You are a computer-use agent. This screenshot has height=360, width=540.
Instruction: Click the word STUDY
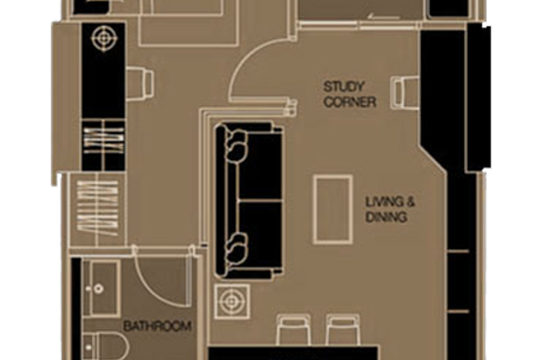[x=343, y=86]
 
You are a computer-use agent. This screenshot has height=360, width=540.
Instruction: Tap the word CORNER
[x=350, y=102]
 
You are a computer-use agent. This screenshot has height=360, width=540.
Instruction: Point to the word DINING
[x=386, y=217]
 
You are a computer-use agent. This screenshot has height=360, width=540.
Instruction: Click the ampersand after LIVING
[x=410, y=202]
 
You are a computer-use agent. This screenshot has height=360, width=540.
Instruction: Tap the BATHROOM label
[x=157, y=326]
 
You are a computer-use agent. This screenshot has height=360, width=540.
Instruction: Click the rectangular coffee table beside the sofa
[x=333, y=210]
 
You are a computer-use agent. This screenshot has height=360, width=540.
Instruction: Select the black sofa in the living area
[x=248, y=200]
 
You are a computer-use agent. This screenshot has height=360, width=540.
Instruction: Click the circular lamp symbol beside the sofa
[x=232, y=302]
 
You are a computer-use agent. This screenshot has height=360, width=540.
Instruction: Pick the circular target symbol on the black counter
[x=104, y=38]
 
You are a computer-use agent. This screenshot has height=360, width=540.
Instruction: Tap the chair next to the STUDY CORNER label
[x=405, y=93]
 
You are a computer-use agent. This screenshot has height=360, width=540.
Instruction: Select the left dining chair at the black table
[x=292, y=330]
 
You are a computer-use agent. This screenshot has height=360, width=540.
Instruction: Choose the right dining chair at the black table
[x=343, y=330]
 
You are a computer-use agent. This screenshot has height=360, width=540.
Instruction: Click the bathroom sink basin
[x=101, y=289]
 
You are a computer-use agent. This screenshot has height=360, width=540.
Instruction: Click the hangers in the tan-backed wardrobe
[x=97, y=209]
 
